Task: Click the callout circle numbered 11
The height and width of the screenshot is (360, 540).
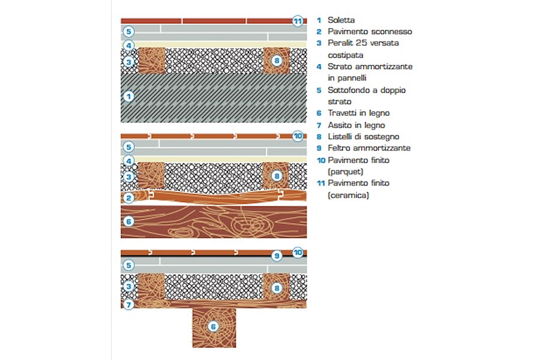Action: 298,21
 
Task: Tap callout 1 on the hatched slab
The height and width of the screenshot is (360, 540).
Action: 128,96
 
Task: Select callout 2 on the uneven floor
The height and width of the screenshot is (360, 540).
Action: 128,197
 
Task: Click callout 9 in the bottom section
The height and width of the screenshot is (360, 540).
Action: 277,256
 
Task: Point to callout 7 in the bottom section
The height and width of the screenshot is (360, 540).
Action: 128,305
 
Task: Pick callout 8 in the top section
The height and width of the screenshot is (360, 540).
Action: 277,61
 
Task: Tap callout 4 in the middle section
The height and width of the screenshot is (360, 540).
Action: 128,161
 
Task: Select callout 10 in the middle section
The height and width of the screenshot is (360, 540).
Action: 298,136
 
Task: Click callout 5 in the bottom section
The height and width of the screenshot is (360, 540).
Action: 128,265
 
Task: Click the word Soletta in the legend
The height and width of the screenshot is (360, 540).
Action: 341,20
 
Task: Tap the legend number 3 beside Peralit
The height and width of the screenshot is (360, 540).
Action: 319,43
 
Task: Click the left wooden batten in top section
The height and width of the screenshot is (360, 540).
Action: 152,61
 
